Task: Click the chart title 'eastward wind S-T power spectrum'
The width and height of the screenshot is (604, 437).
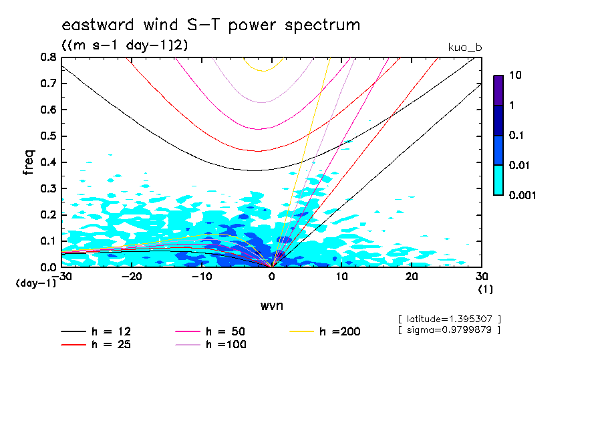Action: [x=211, y=25]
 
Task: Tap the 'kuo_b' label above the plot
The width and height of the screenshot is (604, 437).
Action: [x=465, y=47]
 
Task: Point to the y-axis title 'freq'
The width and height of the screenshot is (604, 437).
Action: [x=29, y=162]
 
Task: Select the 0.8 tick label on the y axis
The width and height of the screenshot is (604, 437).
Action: [x=48, y=57]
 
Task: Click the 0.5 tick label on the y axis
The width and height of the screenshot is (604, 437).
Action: [x=48, y=136]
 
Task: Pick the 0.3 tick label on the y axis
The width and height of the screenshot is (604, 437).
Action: [x=48, y=188]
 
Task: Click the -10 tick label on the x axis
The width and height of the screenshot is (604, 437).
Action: [x=202, y=276]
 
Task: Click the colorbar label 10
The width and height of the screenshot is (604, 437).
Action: [x=516, y=76]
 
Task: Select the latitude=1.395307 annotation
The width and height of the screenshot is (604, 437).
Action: [x=449, y=319]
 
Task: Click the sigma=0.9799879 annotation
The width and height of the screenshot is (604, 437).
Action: [x=449, y=330]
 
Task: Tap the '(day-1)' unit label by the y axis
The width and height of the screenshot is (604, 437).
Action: [x=35, y=283]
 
